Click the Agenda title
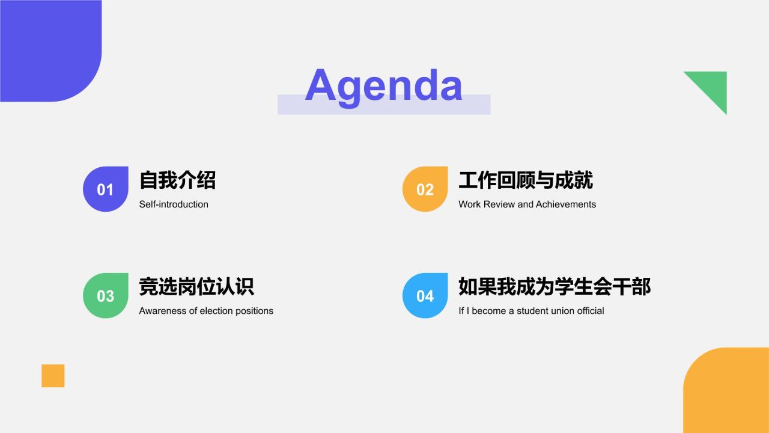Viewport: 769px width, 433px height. [383, 85]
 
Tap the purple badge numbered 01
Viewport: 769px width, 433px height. [106, 189]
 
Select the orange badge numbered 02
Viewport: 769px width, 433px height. [425, 189]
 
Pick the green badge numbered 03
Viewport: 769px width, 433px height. [106, 296]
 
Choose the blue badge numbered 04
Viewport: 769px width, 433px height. [425, 296]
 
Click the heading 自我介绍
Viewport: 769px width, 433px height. [177, 180]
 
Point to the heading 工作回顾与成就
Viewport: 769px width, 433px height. [526, 180]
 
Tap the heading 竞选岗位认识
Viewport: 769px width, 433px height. [196, 286]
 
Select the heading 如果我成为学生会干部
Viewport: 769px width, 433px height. [555, 286]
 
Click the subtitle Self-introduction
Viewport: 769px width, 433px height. [174, 204]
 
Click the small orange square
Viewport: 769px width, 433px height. [53, 376]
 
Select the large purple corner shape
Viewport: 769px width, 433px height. [48, 48]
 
